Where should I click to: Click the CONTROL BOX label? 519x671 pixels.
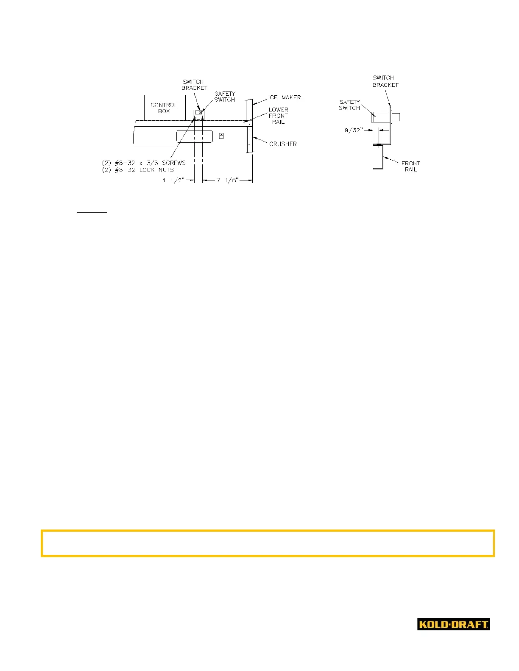pos(164,108)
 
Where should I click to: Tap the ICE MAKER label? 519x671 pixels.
pos(284,97)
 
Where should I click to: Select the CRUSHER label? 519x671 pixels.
pos(283,144)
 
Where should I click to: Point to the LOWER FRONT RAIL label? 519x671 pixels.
pos(278,116)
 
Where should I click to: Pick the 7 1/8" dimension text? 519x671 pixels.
pos(228,180)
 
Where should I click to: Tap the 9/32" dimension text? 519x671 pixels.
pos(354,130)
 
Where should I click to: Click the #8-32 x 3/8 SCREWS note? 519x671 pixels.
pos(144,163)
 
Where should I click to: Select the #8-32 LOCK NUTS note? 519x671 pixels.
pos(138,169)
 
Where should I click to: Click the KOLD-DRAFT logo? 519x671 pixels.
pos(453,624)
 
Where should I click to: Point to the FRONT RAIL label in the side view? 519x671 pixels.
pos(410,166)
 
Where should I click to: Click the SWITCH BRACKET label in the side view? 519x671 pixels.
pos(385,81)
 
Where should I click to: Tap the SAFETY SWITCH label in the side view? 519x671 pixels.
pos(349,105)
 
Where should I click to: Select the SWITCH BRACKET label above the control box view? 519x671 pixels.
pos(194,85)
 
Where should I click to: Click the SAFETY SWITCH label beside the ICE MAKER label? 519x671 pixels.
pos(224,97)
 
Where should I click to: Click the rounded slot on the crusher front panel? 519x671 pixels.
pos(195,136)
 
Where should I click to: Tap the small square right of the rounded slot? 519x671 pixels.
pos(221,136)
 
